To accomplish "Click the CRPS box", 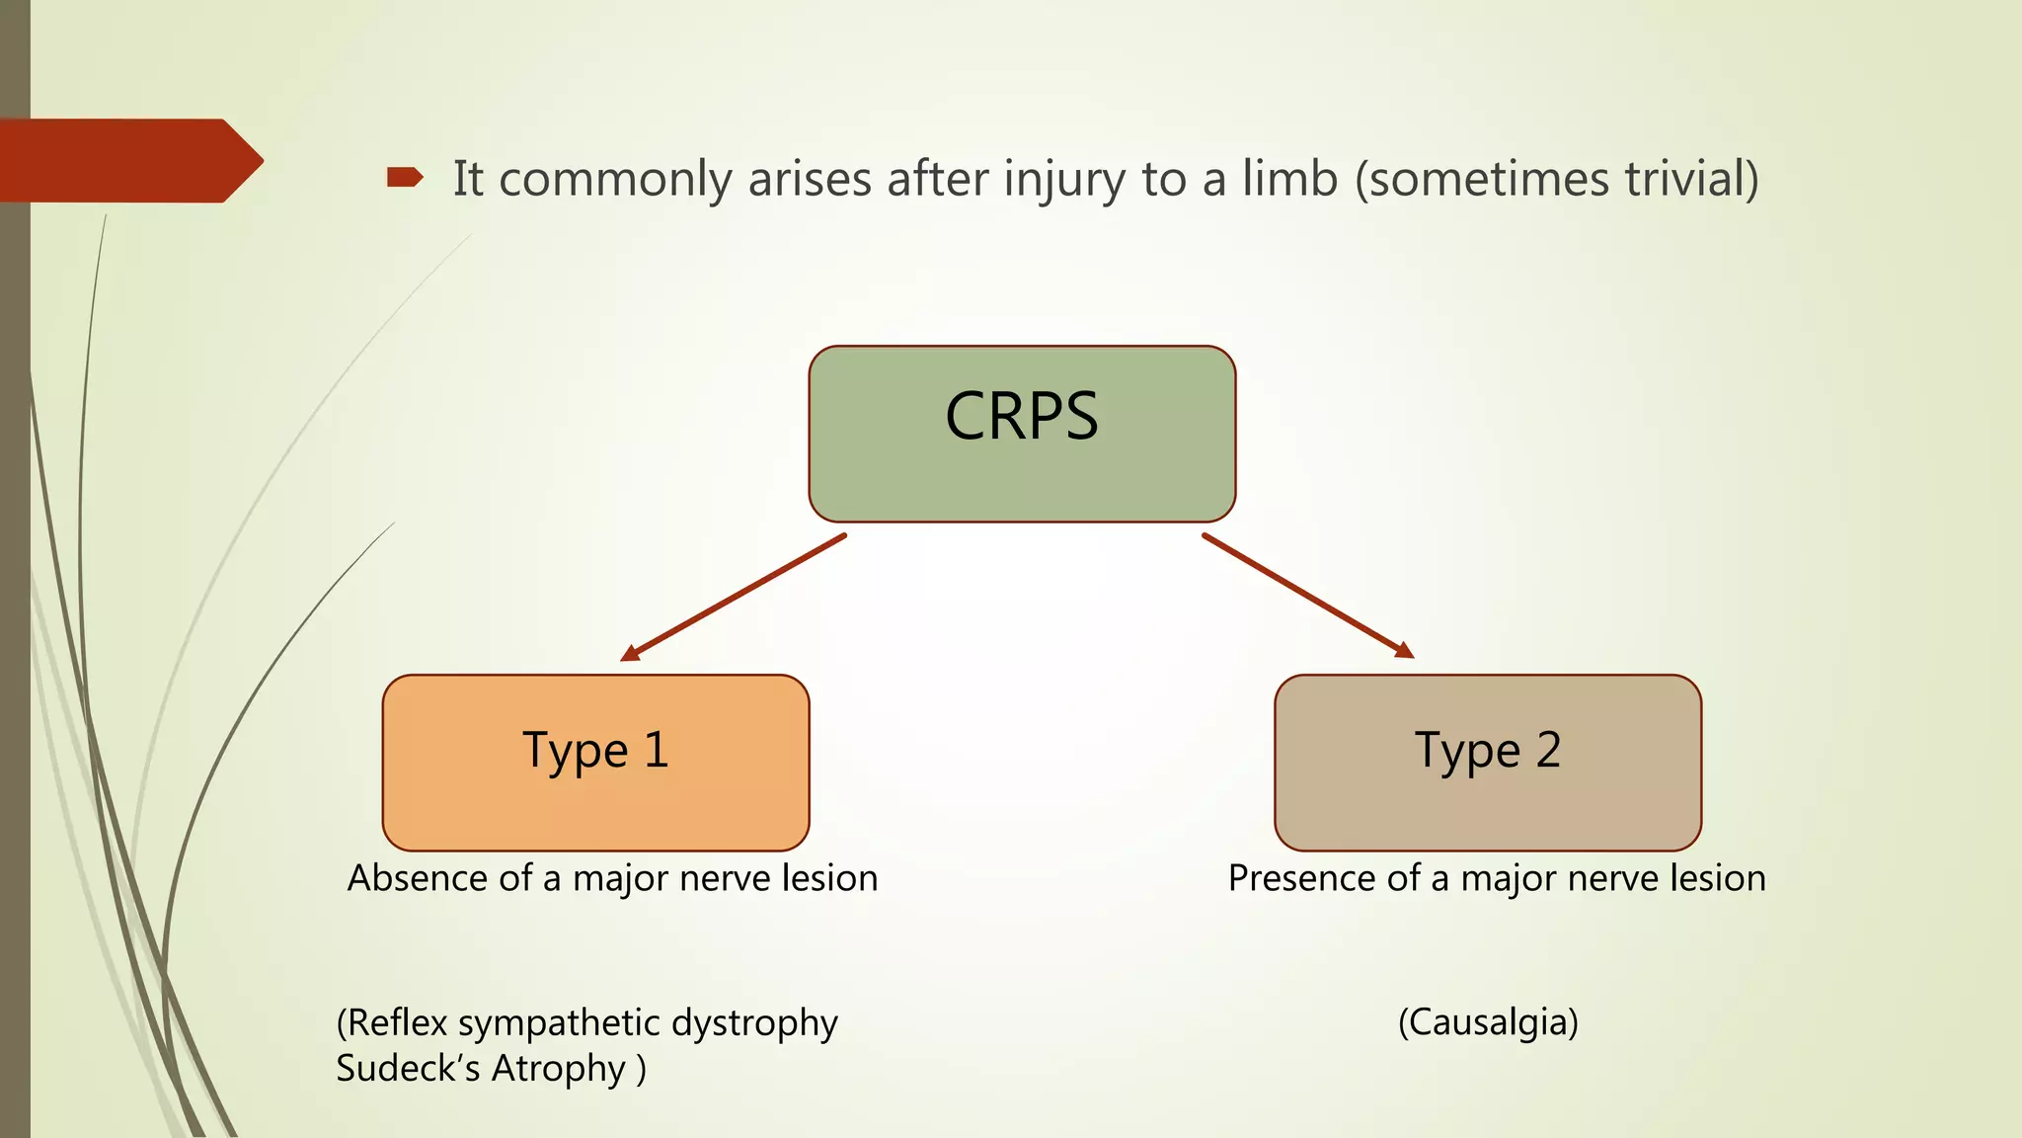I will pyautogui.click(x=1022, y=434).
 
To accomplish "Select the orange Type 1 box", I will pyautogui.click(x=595, y=763).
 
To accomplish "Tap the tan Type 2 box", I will pyautogui.click(x=1488, y=763).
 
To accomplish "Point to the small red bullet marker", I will pyautogui.click(x=404, y=178).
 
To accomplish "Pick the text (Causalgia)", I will pyautogui.click(x=1488, y=1022).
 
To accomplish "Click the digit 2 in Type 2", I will pyautogui.click(x=1548, y=750).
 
